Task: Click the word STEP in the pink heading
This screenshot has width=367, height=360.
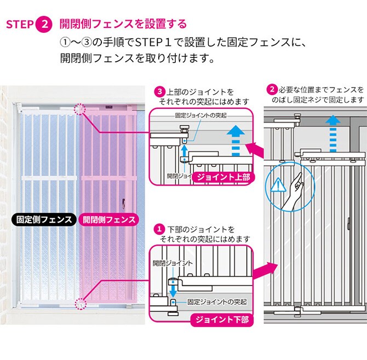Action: point(20,25)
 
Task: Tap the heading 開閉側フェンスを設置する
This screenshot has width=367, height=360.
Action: point(123,24)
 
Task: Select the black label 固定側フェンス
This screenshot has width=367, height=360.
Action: point(43,220)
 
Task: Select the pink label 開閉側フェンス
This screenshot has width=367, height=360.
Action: point(108,220)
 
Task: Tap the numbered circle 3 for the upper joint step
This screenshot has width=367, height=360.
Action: point(159,91)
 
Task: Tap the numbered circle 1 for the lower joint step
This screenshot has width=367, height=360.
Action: point(159,229)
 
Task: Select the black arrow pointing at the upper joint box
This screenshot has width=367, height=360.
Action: point(253,148)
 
